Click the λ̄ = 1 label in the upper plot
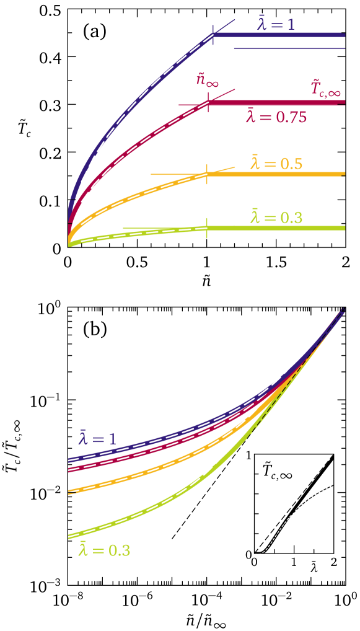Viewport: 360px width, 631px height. [x=276, y=24]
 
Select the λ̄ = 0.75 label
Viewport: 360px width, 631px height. [x=276, y=116]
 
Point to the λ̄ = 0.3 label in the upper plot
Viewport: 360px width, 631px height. [x=276, y=217]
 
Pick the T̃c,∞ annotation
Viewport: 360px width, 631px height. [x=325, y=89]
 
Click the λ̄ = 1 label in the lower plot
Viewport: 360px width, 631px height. [x=97, y=438]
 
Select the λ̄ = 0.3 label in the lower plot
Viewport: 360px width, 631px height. [x=104, y=549]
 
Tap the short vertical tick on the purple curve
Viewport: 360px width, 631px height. [x=214, y=35]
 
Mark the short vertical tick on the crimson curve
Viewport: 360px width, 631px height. [x=208, y=102]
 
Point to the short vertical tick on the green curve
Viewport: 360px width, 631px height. [x=207, y=227]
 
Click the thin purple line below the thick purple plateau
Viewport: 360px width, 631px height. [x=289, y=48]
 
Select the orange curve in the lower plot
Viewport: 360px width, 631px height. [x=155, y=467]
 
